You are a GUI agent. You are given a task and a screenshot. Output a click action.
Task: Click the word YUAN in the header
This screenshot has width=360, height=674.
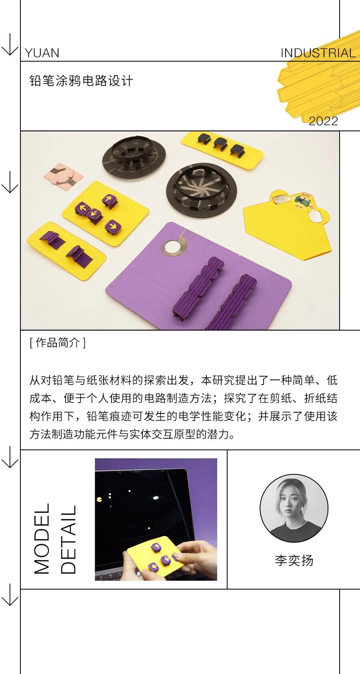click(42, 53)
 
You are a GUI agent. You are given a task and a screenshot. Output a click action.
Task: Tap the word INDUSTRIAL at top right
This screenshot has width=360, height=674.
click(318, 53)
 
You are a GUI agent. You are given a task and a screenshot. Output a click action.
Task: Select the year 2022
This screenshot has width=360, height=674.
click(323, 121)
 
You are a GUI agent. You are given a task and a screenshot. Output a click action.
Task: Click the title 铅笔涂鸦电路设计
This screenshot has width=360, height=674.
click(81, 81)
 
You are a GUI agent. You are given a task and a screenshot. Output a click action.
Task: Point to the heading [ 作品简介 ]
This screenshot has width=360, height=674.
click(57, 343)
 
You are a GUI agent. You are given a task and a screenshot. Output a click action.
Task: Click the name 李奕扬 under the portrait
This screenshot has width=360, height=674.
click(294, 560)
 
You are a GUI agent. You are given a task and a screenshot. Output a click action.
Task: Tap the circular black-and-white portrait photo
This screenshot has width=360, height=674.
click(294, 509)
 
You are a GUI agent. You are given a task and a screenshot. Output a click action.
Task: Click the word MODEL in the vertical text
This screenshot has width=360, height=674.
click(42, 539)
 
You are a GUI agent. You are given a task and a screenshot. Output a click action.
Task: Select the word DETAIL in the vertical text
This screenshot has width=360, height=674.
click(68, 540)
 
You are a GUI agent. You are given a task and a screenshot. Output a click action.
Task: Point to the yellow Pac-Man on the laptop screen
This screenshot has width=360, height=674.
click(99, 499)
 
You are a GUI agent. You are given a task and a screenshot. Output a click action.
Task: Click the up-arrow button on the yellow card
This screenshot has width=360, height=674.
click(109, 199)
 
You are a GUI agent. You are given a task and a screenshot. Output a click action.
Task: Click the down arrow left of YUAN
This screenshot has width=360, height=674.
click(10, 45)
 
